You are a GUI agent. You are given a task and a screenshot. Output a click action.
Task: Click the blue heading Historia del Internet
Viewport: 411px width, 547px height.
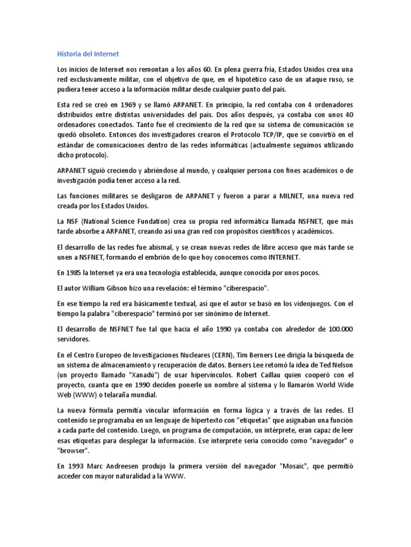[88, 54]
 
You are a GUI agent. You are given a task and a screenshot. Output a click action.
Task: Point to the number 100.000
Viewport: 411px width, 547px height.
[339, 329]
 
